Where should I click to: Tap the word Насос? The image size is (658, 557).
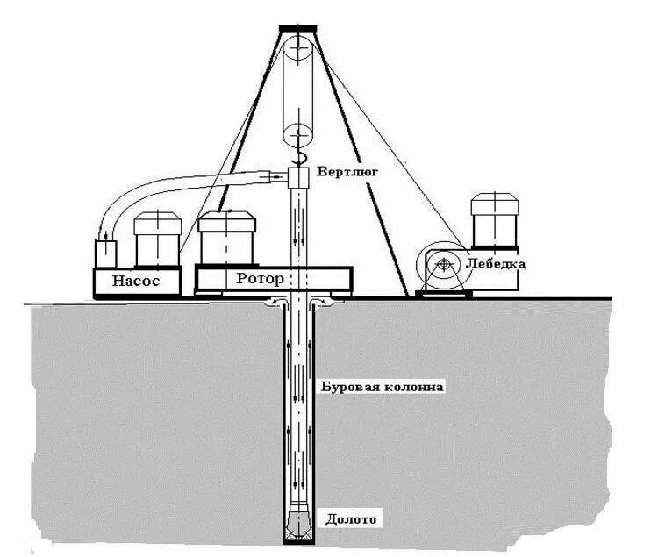tap(136, 281)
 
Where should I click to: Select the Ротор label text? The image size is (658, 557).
tap(261, 279)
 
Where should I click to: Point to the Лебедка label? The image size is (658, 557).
tap(496, 262)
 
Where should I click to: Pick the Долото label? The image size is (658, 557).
tap(351, 518)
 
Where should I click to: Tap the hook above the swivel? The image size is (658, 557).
tap(300, 159)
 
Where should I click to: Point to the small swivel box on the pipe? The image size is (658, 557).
tap(300, 178)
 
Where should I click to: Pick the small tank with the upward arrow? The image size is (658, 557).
tap(105, 254)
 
